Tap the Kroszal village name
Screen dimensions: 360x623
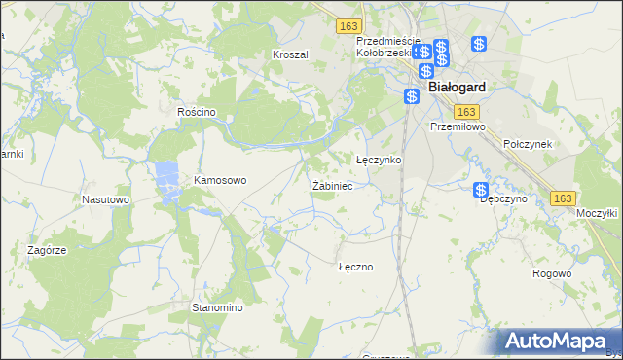tap(290, 54)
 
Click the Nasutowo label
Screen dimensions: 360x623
tap(106, 199)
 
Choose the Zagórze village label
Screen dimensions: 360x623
tap(47, 250)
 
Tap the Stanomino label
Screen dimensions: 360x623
tap(216, 307)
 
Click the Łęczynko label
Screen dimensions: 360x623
tap(379, 159)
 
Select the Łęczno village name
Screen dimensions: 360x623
tap(355, 266)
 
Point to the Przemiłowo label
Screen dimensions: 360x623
tap(458, 126)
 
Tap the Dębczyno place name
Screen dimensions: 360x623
tap(503, 198)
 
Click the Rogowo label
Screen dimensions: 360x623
tap(552, 273)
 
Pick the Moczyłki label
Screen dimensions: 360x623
tap(597, 212)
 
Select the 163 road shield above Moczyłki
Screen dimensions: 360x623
tap(562, 198)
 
